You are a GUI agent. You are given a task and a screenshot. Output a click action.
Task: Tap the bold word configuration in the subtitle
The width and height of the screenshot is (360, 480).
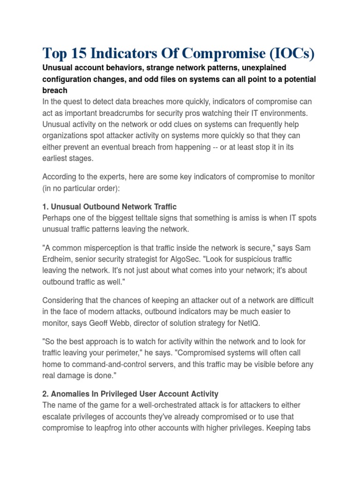68,79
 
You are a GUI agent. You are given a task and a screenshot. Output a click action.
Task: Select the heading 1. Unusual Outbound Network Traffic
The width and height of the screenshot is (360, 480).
109,207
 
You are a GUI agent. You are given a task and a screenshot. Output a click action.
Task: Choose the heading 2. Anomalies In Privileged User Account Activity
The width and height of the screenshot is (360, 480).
130,394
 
